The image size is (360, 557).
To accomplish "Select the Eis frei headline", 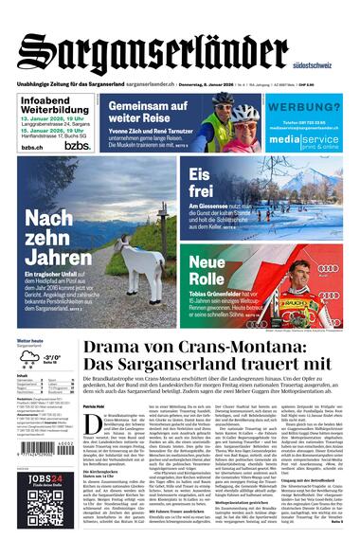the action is click(201, 182).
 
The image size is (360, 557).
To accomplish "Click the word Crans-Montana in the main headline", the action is click(189, 350).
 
